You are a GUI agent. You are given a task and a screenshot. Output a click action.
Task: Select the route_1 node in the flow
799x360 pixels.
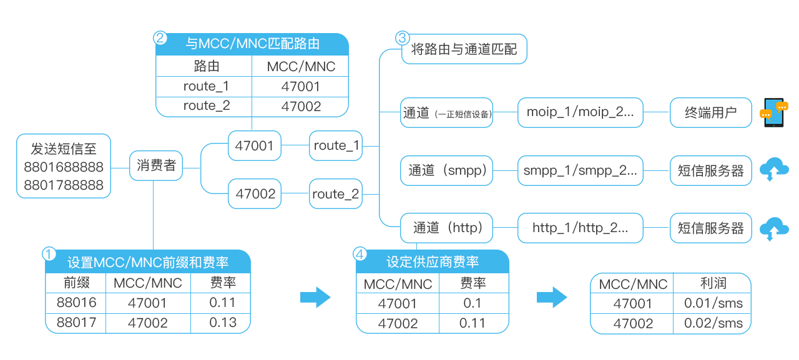point(336,146)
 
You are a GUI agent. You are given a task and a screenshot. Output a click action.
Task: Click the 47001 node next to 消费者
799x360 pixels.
point(255,146)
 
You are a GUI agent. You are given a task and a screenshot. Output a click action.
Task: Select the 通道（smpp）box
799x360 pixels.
point(447,170)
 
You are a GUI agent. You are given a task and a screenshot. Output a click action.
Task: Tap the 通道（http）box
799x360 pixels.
point(447,228)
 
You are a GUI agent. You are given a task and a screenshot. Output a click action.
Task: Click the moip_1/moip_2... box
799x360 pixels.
point(580,112)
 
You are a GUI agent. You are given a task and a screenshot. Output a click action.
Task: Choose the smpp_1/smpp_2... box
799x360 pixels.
point(580,170)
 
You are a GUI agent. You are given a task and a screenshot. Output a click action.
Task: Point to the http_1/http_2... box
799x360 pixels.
point(580,228)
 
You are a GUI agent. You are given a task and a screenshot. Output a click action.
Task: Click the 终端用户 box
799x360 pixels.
point(710,113)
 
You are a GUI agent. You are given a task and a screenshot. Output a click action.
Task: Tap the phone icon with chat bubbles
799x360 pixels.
point(774,112)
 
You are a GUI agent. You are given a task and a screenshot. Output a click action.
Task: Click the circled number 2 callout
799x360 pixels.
point(160,37)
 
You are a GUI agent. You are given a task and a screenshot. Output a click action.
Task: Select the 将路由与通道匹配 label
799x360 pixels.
point(464,49)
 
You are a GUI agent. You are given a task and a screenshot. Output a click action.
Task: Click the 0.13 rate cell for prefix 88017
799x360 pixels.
point(223,323)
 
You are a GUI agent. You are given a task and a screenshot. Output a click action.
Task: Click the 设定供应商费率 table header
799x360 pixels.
point(433,262)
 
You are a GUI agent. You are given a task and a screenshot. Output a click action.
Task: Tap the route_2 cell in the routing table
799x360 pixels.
point(206,106)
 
